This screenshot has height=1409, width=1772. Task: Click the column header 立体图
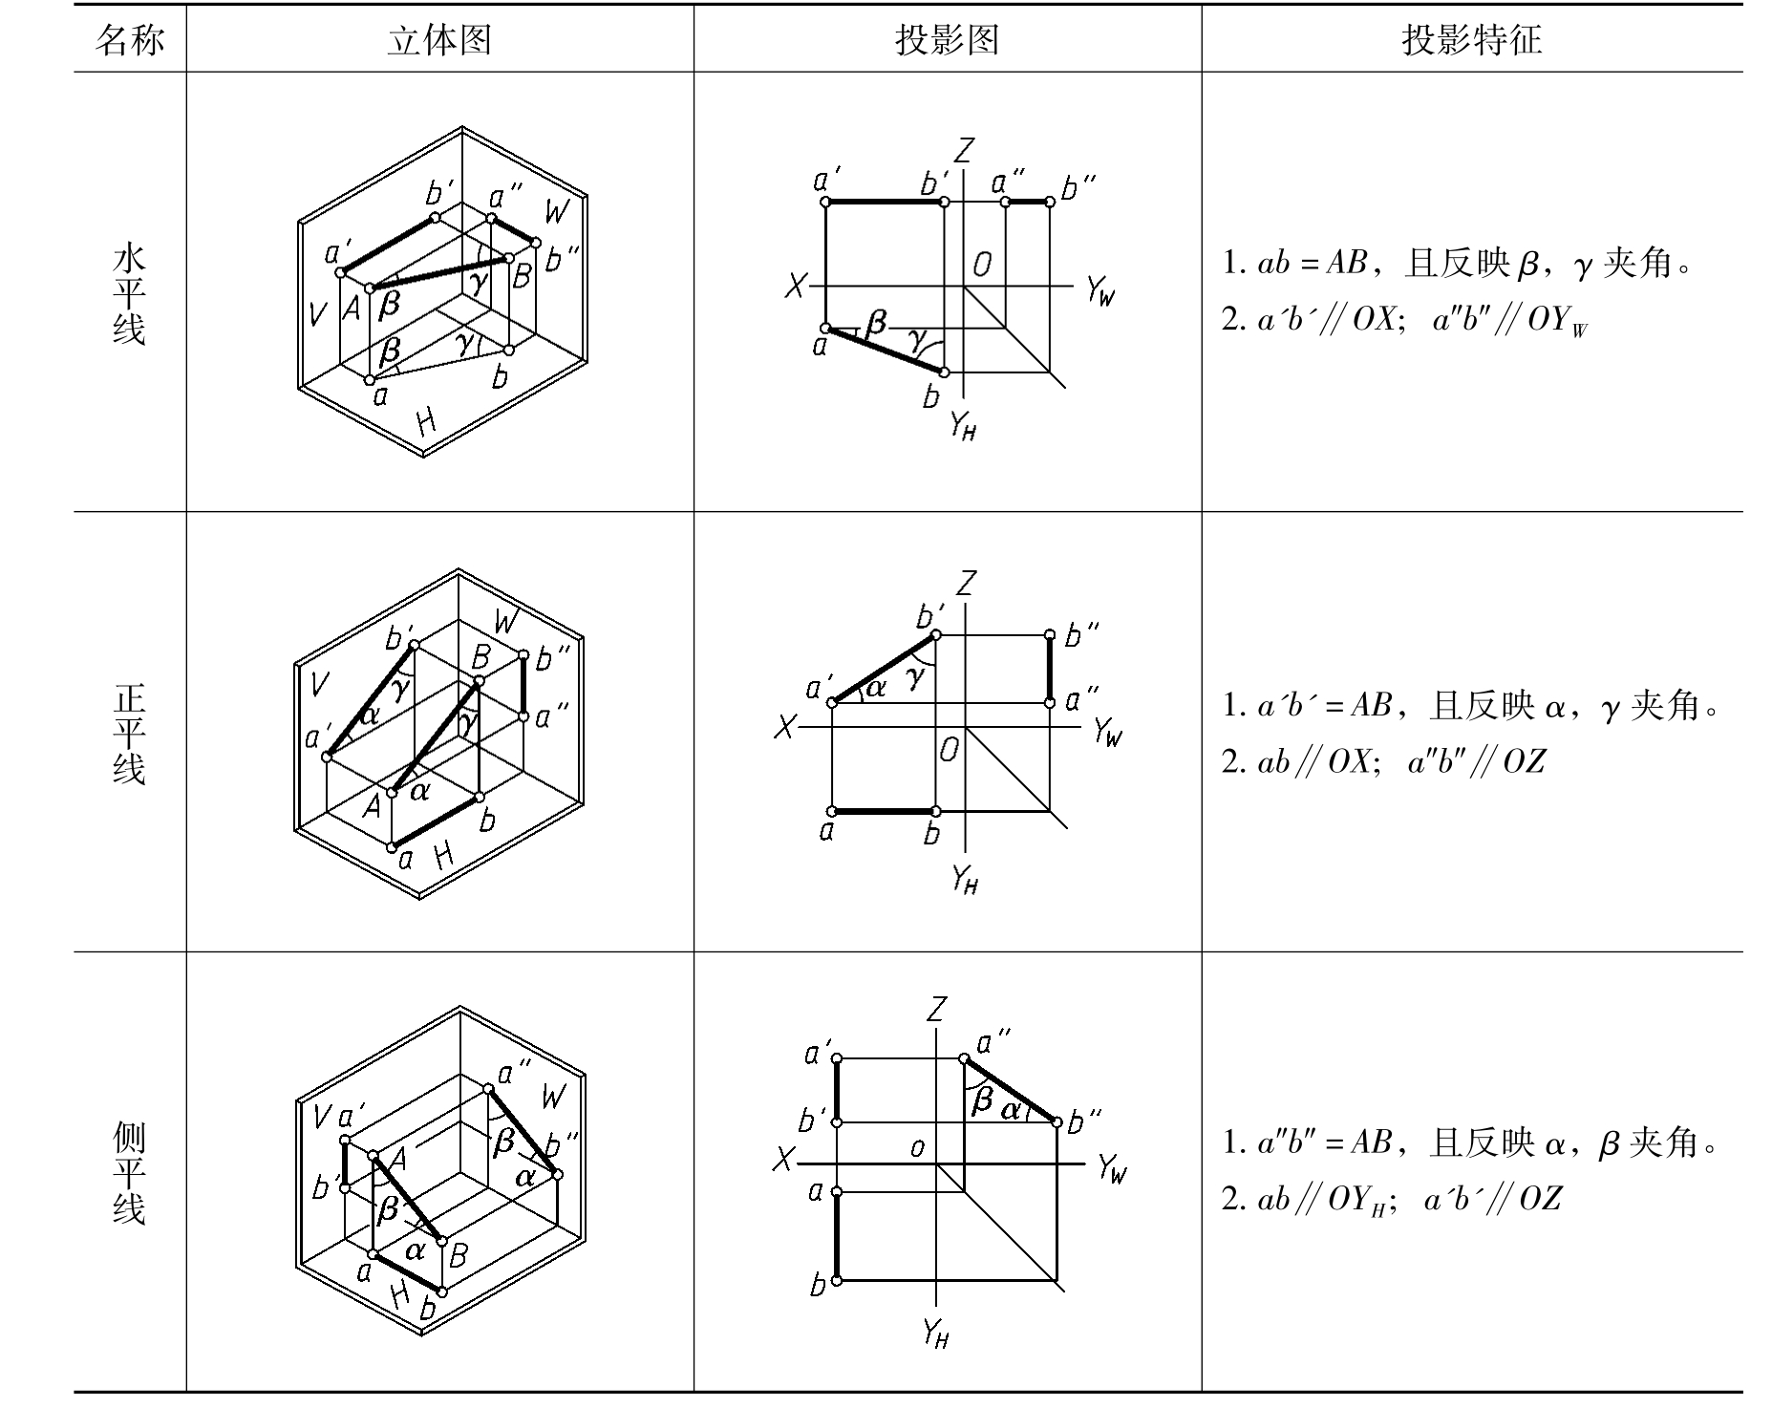(439, 40)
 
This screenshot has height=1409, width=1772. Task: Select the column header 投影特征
(1471, 40)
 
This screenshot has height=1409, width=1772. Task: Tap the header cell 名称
(130, 40)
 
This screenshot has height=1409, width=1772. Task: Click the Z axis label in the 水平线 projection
(965, 151)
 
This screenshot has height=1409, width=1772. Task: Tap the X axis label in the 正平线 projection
(784, 729)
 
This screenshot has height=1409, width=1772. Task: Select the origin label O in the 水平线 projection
(982, 265)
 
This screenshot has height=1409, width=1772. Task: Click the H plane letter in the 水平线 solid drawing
(426, 420)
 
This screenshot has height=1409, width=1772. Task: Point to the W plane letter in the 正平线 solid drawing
(505, 623)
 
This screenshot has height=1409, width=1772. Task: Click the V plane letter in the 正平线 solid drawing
(320, 683)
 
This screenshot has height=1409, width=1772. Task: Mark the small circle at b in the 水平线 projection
(944, 373)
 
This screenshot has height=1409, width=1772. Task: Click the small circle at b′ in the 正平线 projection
(935, 635)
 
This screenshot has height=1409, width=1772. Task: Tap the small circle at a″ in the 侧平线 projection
(964, 1058)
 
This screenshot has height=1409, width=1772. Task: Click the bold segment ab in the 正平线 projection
(884, 812)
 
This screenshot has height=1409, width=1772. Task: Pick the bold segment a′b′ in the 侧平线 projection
(837, 1091)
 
